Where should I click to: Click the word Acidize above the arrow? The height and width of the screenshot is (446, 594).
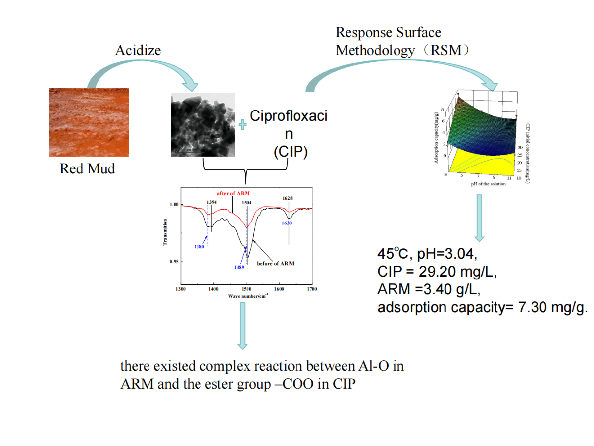tap(138, 50)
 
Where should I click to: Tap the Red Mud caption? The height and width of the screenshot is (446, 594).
tap(87, 169)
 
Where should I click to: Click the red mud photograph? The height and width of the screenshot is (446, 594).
tap(89, 122)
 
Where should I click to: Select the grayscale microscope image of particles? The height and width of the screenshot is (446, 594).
tap(203, 124)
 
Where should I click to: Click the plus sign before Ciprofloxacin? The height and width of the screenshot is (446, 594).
tap(243, 125)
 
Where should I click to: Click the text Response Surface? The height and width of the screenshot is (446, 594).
tap(388, 33)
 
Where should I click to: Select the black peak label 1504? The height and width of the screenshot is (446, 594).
tap(246, 202)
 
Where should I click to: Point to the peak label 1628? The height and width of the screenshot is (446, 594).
tap(288, 198)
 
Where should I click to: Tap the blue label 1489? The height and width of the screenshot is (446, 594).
tap(240, 267)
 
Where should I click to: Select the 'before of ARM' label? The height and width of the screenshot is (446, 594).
tap(275, 263)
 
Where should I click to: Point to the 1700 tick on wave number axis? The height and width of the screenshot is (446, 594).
tap(312, 289)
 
